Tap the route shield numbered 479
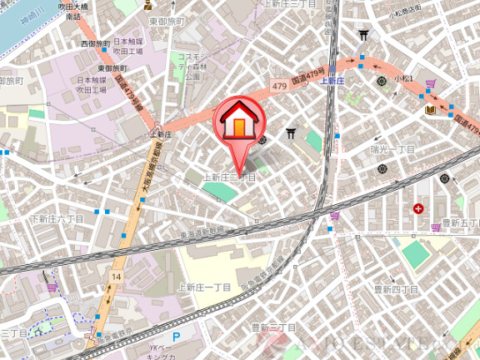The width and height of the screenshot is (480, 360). [x=279, y=86]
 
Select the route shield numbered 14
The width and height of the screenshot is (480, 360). [x=116, y=275]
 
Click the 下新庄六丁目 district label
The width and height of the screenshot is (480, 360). [x=57, y=219]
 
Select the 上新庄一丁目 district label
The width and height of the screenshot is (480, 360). [x=204, y=286]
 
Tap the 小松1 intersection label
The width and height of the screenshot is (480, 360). [x=404, y=77]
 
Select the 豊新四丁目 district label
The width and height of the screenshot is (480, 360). [x=396, y=289]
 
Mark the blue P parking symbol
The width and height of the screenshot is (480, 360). [x=176, y=337]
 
